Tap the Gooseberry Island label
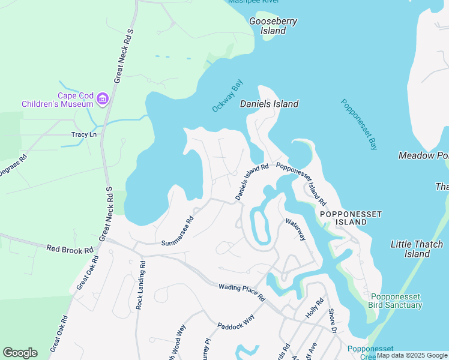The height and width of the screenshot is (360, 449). tap(273, 26)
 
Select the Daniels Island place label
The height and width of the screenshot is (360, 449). tap(269, 104)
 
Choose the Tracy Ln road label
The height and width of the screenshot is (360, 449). tap(84, 134)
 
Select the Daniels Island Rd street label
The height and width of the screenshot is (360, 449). tap(252, 182)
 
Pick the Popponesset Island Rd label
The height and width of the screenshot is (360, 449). tap(301, 184)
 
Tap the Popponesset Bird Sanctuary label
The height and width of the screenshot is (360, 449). tap(396, 301)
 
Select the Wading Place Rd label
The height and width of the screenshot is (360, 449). tap(242, 292)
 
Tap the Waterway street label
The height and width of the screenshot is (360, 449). tap(296, 230)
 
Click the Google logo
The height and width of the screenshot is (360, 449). tap(20, 353)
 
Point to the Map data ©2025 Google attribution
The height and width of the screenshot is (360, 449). tap(412, 356)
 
